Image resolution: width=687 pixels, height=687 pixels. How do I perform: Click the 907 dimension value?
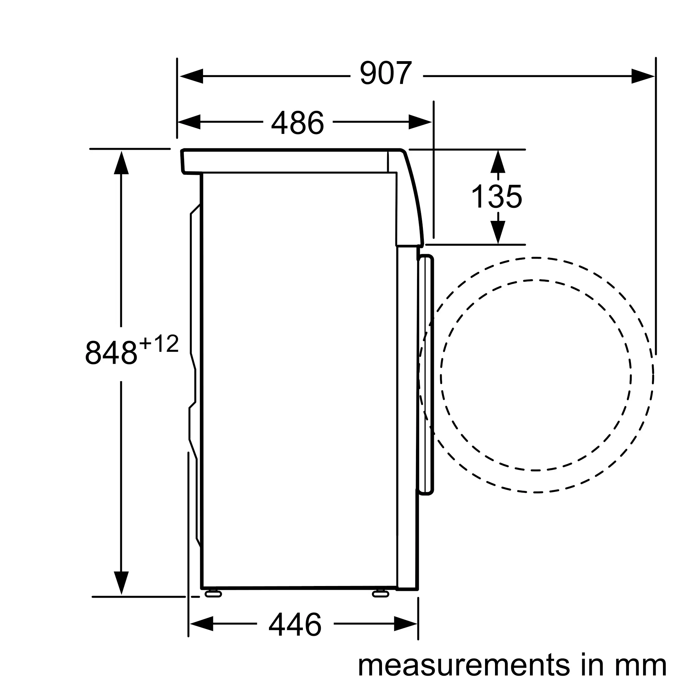point(386,73)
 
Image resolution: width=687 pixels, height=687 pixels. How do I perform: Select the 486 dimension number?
point(297,122)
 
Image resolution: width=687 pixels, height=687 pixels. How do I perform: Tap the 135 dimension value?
point(497,196)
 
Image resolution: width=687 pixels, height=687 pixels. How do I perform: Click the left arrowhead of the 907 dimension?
point(191,76)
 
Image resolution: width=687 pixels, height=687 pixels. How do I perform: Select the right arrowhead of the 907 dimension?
point(643,76)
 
